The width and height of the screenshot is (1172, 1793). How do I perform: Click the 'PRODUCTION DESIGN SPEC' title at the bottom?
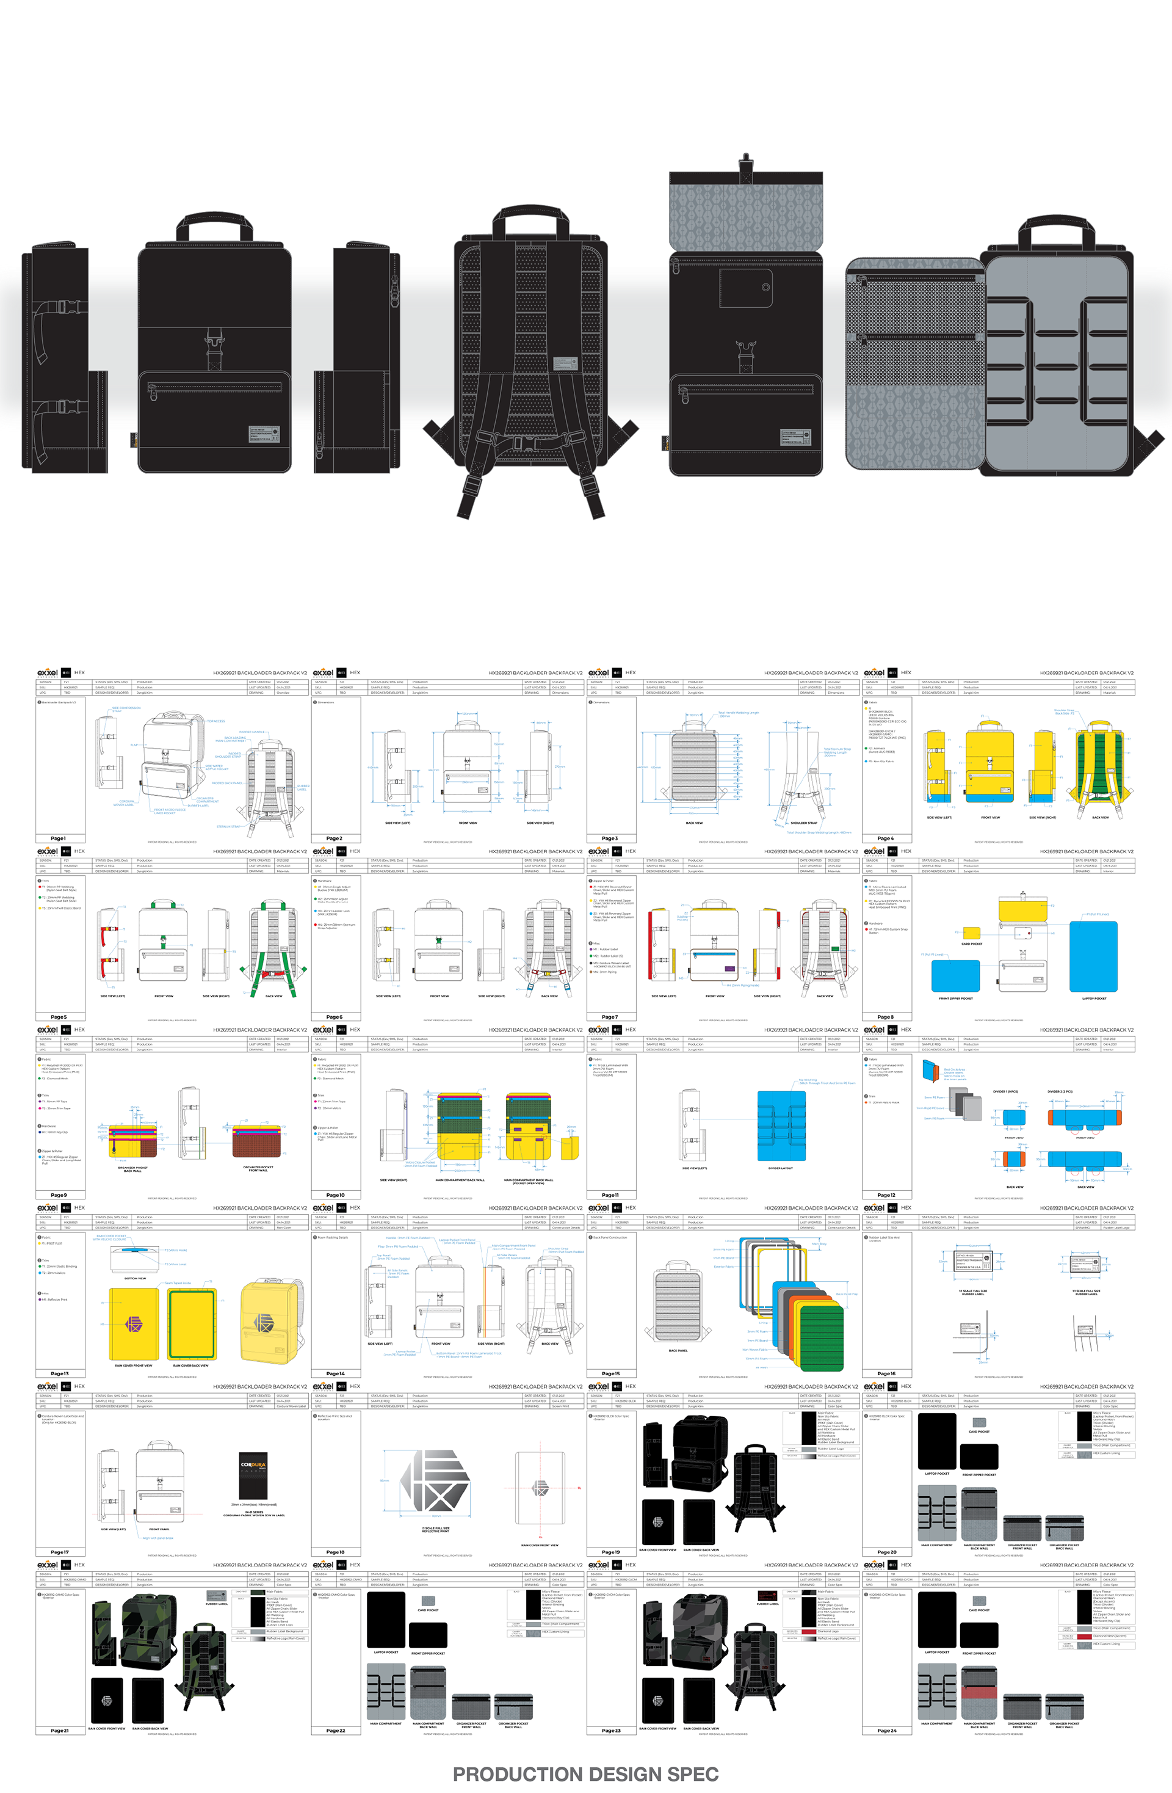(585, 1773)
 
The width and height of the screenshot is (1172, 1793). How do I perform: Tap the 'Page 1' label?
(58, 838)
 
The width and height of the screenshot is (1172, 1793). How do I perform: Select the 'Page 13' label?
(59, 1373)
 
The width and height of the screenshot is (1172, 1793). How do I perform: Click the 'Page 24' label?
(886, 1731)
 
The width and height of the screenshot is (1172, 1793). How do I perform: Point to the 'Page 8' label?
(885, 1016)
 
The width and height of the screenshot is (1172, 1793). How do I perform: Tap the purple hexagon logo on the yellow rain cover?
(133, 1323)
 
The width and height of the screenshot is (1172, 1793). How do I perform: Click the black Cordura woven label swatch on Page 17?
(253, 1476)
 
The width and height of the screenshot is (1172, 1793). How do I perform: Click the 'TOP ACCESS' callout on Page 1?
(216, 721)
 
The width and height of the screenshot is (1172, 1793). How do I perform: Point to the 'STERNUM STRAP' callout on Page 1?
(228, 826)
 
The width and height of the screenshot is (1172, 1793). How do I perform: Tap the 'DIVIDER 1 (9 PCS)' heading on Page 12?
(1005, 1091)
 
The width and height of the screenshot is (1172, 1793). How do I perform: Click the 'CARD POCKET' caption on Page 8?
(971, 943)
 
